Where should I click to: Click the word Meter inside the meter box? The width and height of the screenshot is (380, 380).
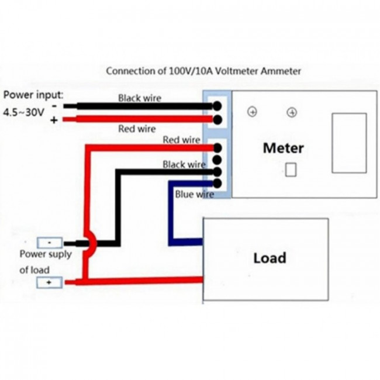click(284, 148)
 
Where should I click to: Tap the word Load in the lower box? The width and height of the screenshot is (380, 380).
click(270, 258)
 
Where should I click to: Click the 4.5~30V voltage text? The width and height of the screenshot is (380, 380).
click(24, 113)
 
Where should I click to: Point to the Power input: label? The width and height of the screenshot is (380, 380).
click(33, 95)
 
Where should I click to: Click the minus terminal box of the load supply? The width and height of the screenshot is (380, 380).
click(50, 242)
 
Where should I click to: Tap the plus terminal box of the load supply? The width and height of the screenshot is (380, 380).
click(50, 282)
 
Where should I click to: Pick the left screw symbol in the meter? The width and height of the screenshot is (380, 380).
click(253, 112)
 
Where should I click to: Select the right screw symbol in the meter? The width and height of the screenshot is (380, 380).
click(292, 112)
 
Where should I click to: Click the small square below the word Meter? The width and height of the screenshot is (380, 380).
click(291, 170)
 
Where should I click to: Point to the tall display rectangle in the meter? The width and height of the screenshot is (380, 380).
click(349, 143)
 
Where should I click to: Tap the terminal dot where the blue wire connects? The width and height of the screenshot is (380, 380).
click(217, 184)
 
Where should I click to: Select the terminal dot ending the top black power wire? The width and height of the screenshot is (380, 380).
click(217, 106)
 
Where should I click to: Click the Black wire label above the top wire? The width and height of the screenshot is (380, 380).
click(140, 98)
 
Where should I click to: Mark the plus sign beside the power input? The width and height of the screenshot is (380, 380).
click(54, 120)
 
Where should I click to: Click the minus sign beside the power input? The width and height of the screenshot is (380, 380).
click(54, 106)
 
